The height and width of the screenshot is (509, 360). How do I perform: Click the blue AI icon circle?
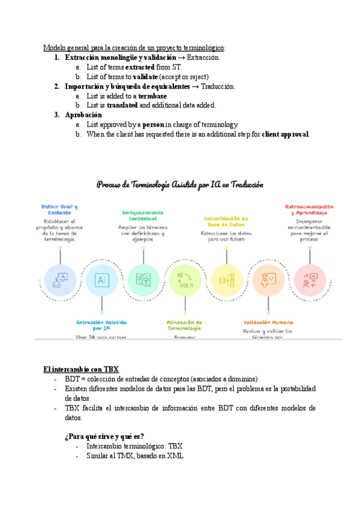[x=102, y=280]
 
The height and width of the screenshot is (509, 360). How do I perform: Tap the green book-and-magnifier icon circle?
[x=143, y=280]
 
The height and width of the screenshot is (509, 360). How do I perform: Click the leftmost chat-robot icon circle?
[x=60, y=280]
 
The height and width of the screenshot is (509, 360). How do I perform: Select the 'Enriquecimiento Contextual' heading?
[x=143, y=215]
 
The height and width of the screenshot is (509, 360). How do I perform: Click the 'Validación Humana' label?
[x=268, y=322]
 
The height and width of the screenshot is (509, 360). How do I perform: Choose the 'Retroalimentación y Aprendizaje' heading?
[x=310, y=209]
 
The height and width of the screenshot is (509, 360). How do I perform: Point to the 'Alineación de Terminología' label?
[x=185, y=325]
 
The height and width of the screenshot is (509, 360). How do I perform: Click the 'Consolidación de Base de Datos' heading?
[x=226, y=221]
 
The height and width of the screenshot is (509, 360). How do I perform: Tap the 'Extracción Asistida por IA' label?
[x=101, y=325]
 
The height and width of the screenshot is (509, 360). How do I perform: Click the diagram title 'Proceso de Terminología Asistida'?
[x=180, y=185]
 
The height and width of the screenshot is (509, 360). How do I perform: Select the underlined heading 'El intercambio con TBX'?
[x=82, y=369]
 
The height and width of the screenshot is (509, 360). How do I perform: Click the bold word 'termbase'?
[x=152, y=95]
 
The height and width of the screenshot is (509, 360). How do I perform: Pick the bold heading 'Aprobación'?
[x=83, y=115]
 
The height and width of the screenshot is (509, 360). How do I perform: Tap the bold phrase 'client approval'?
[x=286, y=134]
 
